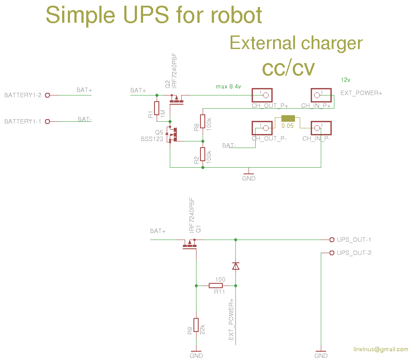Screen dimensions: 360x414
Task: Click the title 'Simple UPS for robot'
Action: (154, 16)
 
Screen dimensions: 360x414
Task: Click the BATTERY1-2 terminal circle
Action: (48, 95)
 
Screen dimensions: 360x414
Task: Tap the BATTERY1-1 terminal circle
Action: (48, 121)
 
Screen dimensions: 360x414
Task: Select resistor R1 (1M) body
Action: (157, 108)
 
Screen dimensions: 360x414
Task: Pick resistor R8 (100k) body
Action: (203, 121)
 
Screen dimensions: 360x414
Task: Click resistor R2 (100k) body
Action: (203, 154)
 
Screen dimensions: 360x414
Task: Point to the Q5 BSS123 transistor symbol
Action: (173, 134)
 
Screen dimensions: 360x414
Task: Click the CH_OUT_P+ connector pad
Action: (262, 95)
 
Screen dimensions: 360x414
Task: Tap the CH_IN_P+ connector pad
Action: (321, 95)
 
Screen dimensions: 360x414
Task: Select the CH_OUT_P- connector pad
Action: (262, 128)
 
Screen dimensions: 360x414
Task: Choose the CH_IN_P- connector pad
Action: (321, 128)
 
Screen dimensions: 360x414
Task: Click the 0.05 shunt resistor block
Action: (288, 118)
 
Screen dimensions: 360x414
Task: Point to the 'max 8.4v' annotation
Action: (228, 87)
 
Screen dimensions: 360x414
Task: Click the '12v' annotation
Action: (346, 80)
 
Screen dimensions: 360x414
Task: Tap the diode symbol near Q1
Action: (235, 265)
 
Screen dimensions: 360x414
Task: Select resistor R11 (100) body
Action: (216, 286)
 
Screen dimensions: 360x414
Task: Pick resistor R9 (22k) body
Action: (196, 325)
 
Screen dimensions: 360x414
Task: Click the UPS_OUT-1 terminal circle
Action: (331, 240)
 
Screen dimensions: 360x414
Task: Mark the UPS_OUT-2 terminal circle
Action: (331, 253)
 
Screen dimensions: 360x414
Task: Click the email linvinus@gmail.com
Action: (381, 349)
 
